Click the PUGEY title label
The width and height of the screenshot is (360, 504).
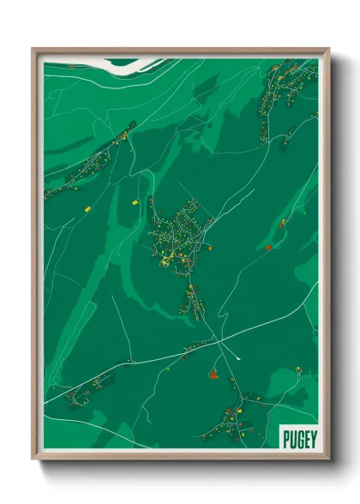[298, 438]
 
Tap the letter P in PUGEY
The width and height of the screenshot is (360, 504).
[286, 438]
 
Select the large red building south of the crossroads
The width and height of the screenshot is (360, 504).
[213, 374]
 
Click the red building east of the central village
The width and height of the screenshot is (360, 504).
[268, 248]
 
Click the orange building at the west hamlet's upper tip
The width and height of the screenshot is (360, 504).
[124, 135]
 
